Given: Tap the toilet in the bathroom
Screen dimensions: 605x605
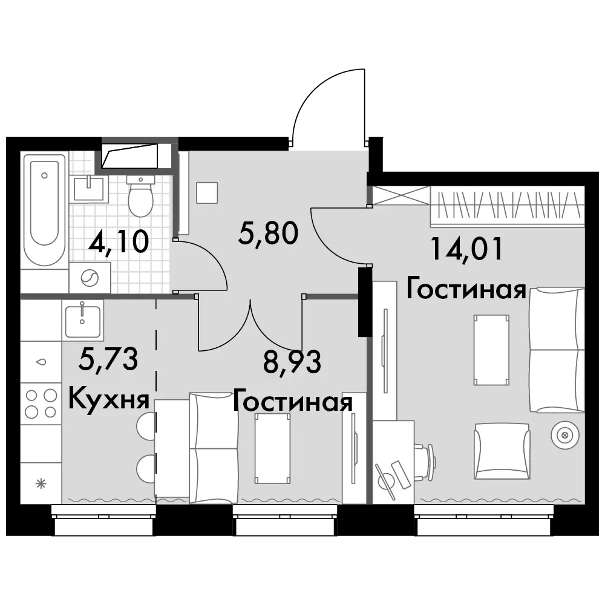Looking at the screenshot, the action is coord(141,196).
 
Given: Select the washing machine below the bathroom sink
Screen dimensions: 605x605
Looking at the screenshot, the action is coord(90,278).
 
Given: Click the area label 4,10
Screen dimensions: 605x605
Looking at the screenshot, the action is coord(118,241).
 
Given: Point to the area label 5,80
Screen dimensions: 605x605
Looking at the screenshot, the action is coord(268,234).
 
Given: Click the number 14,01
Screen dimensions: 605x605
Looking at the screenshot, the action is coord(466,249).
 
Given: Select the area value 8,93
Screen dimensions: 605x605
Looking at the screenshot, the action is coord(292,362).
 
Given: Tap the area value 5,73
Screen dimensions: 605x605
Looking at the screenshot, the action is coord(108,358).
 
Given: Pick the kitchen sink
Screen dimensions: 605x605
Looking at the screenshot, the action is coord(82,321).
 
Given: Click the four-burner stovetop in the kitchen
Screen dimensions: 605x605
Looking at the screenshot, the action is coord(41,404).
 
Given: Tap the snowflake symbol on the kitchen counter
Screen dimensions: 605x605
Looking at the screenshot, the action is coord(41,483).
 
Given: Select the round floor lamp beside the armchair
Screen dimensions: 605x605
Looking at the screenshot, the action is coord(565,435).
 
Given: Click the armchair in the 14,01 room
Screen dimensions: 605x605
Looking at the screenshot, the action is coord(502,451).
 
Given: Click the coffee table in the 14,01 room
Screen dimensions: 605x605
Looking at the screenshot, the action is coord(491,350).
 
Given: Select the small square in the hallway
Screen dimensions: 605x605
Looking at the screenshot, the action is coord(207,192).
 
